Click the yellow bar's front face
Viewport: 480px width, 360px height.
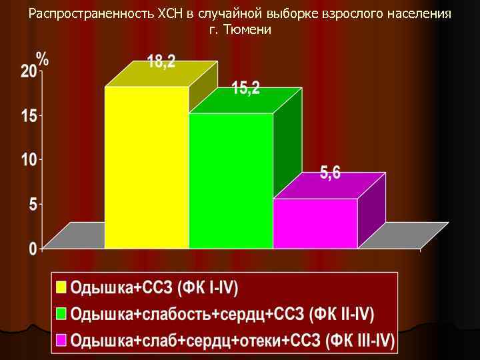click(147, 167)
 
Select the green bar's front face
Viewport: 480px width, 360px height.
click(231, 180)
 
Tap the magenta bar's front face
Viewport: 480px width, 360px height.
click(315, 223)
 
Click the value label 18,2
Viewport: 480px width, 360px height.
click(161, 63)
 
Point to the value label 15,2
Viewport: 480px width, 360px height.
click(246, 88)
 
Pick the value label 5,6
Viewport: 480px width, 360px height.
click(330, 173)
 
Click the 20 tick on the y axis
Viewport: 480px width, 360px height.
click(29, 72)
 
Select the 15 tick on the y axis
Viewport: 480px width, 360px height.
click(29, 116)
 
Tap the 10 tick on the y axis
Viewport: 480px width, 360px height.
click(29, 160)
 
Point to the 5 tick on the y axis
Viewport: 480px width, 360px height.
click(33, 205)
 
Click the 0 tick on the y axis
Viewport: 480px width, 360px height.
click(33, 249)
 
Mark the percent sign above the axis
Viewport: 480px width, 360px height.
click(42, 59)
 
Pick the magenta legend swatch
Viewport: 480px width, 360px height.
click(62, 340)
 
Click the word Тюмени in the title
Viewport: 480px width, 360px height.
click(247, 30)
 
